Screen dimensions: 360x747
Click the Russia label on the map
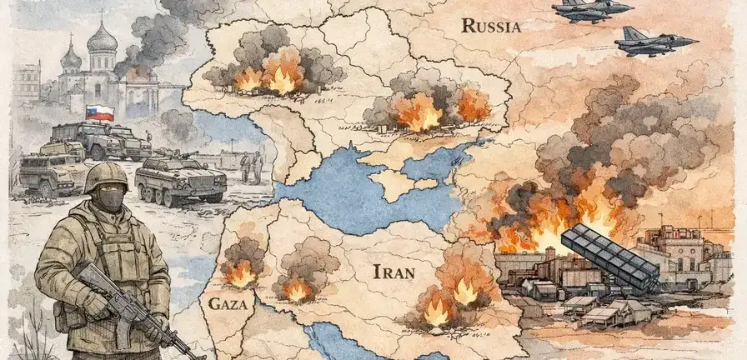point(491,26)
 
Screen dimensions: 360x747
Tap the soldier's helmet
point(106,177)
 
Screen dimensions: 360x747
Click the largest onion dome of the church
point(102,38)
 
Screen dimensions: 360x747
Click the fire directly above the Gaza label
point(242,272)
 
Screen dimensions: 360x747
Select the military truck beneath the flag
point(92,139)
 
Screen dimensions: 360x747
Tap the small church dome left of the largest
point(72,57)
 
